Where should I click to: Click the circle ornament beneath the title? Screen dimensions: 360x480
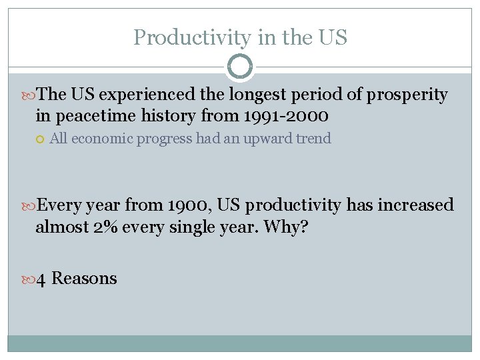tap(240, 67)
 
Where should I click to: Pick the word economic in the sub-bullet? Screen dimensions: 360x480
tap(101, 139)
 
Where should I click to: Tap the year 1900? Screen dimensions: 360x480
tap(189, 205)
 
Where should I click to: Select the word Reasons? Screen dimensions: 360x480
tap(84, 279)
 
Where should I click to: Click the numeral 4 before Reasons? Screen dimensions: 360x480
tap(41, 279)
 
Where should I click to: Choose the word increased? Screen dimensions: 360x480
tap(415, 205)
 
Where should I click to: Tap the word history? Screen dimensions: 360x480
tap(167, 117)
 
